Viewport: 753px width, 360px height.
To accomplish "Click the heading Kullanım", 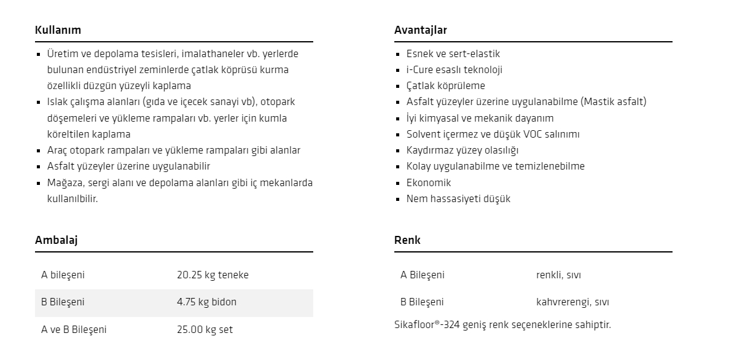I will click(58, 29).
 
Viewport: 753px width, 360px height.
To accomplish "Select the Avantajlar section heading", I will click(420, 29).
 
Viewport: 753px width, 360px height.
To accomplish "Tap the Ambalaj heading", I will click(56, 240).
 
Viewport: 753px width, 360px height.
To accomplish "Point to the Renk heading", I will click(407, 240).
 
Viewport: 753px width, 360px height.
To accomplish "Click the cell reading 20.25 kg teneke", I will click(213, 275).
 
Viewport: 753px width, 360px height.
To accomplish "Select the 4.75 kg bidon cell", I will click(206, 302).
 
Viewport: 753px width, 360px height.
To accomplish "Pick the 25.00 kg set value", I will click(205, 329).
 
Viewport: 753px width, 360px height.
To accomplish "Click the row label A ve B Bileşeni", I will click(74, 329).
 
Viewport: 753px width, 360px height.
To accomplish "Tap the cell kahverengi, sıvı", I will click(572, 302).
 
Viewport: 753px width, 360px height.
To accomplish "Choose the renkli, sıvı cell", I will click(558, 275).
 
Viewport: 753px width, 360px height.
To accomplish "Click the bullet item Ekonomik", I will click(429, 182).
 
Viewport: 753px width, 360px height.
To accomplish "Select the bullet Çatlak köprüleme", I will click(445, 86).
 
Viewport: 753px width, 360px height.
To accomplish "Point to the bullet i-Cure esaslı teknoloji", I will click(454, 70).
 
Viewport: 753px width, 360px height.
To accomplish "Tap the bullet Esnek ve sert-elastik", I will click(453, 54).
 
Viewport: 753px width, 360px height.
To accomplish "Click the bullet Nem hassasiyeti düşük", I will click(458, 198).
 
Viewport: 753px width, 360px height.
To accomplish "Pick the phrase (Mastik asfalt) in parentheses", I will click(613, 102).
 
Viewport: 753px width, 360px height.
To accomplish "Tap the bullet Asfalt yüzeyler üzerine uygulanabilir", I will click(128, 166).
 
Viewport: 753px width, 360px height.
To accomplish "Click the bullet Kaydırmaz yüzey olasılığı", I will click(462, 150).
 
